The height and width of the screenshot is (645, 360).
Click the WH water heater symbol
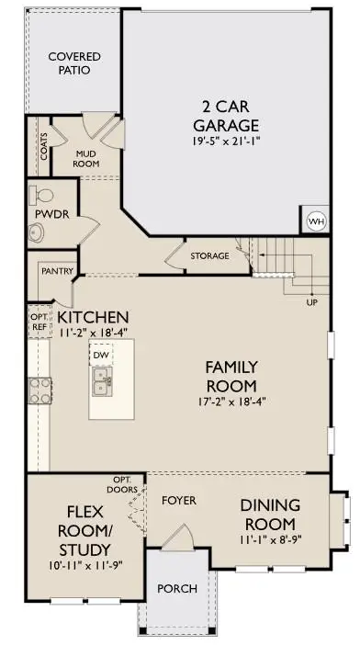pyautogui.click(x=315, y=221)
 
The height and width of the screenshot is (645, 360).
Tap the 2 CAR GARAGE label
pyautogui.click(x=226, y=115)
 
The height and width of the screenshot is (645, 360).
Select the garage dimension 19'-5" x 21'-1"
pyautogui.click(x=226, y=143)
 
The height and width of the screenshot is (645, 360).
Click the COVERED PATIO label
pyautogui.click(x=73, y=63)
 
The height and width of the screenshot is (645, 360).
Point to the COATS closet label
pyautogui.click(x=44, y=147)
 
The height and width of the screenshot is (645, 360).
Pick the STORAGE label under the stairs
pyautogui.click(x=209, y=255)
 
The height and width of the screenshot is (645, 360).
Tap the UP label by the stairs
pyautogui.click(x=311, y=302)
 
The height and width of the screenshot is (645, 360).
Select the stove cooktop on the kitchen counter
pyautogui.click(x=39, y=391)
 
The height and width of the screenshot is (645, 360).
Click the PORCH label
pyautogui.click(x=174, y=588)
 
